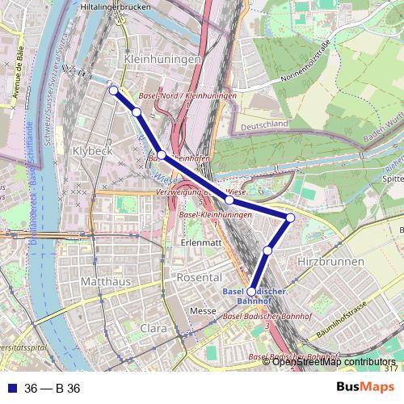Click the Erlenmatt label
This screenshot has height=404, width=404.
(x=202, y=242)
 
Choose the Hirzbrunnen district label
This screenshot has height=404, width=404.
(x=327, y=264)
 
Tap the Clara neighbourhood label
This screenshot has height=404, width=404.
(x=154, y=329)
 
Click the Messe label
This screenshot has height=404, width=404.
(x=203, y=311)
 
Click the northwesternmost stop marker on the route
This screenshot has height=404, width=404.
(x=113, y=90)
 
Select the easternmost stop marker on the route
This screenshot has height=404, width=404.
(x=291, y=217)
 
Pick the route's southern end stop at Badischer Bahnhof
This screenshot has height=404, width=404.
(x=251, y=292)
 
